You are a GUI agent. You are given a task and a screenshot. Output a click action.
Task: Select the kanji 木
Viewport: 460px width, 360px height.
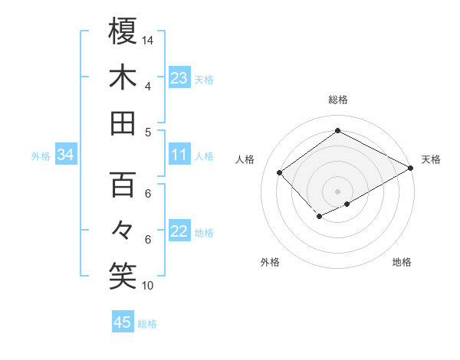tap(123, 77)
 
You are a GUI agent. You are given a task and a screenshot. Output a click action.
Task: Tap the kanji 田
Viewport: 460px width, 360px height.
tap(123, 123)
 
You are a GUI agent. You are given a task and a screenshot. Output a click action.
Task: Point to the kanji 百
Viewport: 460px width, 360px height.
tap(123, 185)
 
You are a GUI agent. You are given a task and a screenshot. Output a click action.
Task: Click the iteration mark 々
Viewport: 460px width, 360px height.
tap(123, 230)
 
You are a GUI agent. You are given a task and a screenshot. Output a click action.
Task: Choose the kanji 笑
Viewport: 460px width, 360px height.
tap(123, 277)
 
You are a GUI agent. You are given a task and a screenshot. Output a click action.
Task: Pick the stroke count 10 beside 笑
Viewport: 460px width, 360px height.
tap(148, 286)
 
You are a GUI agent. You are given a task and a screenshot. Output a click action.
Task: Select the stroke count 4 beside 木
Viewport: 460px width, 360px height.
tap(147, 86)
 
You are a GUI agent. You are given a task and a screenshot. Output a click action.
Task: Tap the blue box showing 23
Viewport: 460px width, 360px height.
tap(179, 78)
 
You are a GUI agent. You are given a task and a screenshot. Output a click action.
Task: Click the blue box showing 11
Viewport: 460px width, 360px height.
tap(179, 155)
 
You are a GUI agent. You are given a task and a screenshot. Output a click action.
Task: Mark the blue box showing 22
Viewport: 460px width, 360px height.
tap(179, 232)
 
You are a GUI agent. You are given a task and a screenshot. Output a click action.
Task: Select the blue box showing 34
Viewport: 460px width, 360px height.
tap(65, 155)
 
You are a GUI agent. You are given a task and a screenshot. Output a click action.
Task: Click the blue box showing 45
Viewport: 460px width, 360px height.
tap(123, 322)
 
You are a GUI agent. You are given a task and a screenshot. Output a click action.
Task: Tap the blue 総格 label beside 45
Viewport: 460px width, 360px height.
tap(147, 324)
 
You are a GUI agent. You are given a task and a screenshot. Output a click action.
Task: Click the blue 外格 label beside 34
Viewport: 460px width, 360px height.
tap(41, 156)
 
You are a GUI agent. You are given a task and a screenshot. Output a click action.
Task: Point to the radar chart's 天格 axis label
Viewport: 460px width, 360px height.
tap(431, 159)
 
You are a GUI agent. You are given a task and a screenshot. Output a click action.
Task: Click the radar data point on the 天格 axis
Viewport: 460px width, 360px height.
tap(411, 169)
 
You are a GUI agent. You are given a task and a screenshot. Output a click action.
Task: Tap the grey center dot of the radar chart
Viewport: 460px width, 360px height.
tap(337, 190)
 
